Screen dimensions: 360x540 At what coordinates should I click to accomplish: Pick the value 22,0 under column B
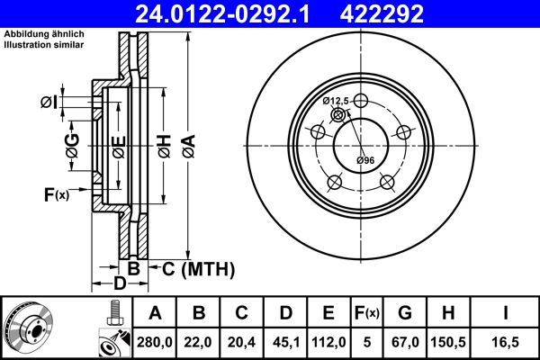[x=199, y=341]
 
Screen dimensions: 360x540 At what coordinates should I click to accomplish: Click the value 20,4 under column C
[x=242, y=341]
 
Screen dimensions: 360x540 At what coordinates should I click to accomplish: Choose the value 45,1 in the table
[x=285, y=341]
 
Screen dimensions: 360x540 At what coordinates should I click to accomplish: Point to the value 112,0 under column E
[x=328, y=341]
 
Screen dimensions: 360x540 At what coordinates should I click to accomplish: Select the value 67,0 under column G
[x=405, y=341]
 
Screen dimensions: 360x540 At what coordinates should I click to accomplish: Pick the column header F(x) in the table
[x=366, y=313]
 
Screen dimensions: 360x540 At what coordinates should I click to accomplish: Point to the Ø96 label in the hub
[x=364, y=160]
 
